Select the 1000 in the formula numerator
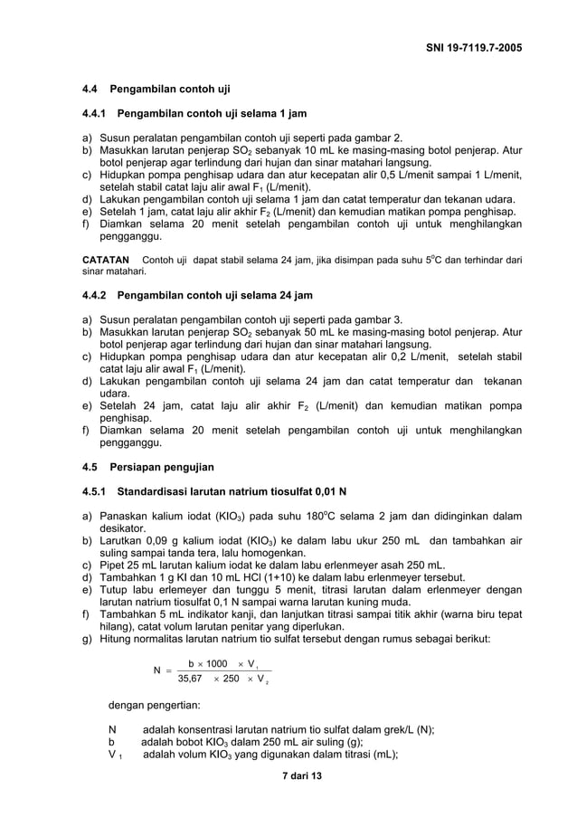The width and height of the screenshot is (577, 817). (217, 663)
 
